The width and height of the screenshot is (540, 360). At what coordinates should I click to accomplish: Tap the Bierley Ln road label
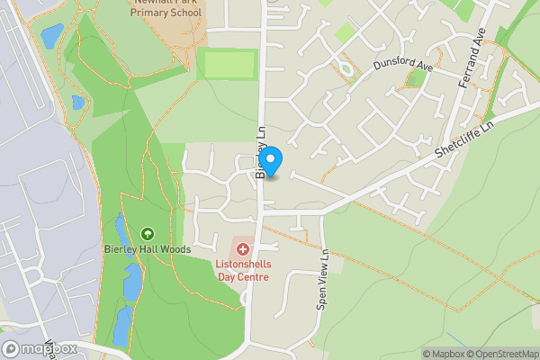click(262, 152)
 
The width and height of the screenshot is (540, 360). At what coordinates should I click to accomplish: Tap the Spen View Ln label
click(323, 280)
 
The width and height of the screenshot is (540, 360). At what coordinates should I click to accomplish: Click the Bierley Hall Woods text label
click(147, 249)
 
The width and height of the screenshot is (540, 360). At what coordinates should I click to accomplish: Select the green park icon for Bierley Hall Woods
click(147, 233)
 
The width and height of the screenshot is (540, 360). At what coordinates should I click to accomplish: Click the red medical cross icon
click(242, 247)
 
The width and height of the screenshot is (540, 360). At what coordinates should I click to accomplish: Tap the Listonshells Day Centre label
click(242, 271)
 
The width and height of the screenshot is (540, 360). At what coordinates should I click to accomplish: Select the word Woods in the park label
click(174, 249)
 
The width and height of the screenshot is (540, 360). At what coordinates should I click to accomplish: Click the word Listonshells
click(242, 265)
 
